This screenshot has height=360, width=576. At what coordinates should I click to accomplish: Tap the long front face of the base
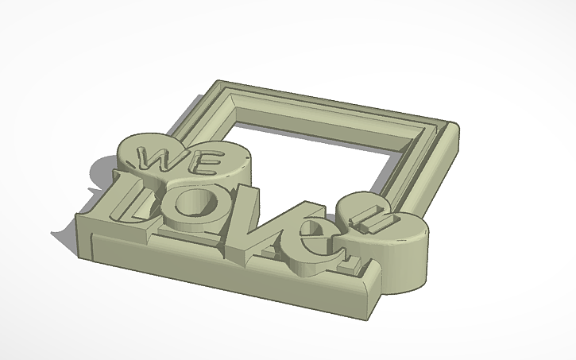[x=222, y=270]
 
